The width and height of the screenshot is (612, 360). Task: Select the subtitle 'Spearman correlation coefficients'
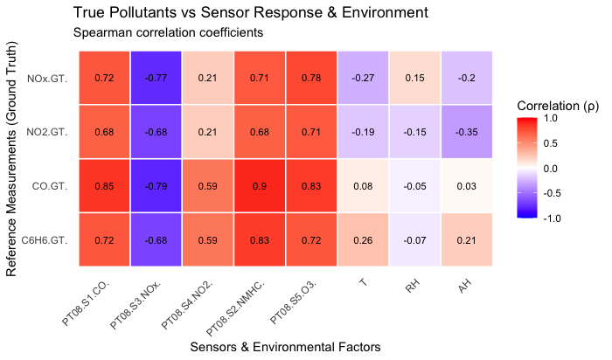[x=169, y=33]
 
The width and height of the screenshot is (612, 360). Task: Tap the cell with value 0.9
[x=260, y=185]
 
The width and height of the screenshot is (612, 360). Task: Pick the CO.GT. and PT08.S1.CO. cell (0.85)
[x=104, y=185]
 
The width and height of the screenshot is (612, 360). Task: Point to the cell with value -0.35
[x=466, y=132]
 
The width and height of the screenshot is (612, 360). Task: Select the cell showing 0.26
[x=363, y=239]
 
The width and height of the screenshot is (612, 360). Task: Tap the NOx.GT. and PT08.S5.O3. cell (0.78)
[x=311, y=78]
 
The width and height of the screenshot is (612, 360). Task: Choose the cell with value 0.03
[x=466, y=185]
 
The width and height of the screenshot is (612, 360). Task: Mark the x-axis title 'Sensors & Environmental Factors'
[x=285, y=347]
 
